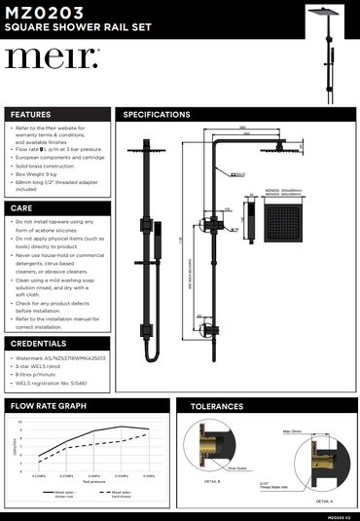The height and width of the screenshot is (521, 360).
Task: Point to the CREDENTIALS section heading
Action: [x=39, y=344]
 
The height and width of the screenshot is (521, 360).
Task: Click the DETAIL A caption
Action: [x=324, y=501]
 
